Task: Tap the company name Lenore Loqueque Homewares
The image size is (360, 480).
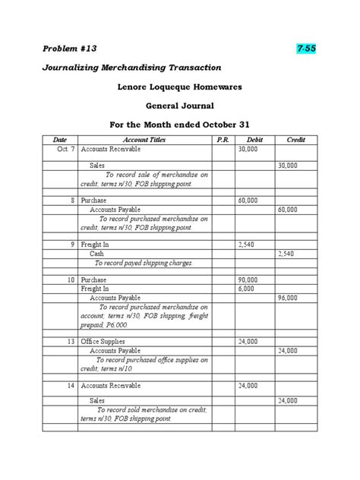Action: (x=179, y=87)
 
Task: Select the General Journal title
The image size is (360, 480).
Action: (x=179, y=105)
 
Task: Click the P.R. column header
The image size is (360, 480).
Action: (x=223, y=141)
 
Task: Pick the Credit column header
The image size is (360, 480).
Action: (x=295, y=141)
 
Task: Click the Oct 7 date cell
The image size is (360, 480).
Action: (x=64, y=150)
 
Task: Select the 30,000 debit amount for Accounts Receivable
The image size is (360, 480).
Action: (x=248, y=150)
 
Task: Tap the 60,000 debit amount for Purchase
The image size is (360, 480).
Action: (x=248, y=200)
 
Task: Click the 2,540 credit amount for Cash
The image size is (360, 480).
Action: (x=288, y=253)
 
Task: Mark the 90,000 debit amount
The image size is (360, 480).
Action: (x=248, y=279)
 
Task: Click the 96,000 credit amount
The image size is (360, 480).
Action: (x=288, y=298)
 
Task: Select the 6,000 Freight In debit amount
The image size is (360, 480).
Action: (x=246, y=289)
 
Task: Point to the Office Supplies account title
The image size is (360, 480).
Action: (x=103, y=342)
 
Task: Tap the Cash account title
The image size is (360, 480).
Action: (x=97, y=253)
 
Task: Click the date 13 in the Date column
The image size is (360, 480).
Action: (x=70, y=342)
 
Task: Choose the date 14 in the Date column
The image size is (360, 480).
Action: (x=70, y=386)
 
